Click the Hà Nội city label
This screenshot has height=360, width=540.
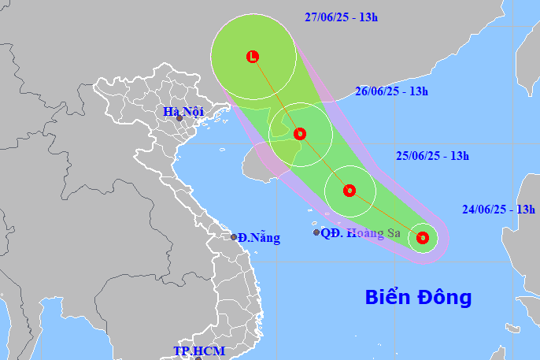pyautogui.click(x=183, y=111)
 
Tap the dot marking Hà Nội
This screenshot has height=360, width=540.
pyautogui.click(x=179, y=119)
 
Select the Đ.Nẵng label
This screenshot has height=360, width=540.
pyautogui.click(x=255, y=236)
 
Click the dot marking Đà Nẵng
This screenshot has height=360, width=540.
pyautogui.click(x=234, y=237)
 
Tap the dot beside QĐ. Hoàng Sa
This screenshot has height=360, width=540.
pyautogui.click(x=316, y=232)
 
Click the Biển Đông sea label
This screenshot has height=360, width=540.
pyautogui.click(x=418, y=297)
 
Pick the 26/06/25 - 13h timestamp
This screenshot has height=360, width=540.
pyautogui.click(x=391, y=91)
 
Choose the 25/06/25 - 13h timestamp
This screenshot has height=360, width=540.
pyautogui.click(x=432, y=156)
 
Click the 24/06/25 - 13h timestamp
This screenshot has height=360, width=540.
pyautogui.click(x=499, y=209)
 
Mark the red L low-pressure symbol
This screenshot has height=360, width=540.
pyautogui.click(x=253, y=57)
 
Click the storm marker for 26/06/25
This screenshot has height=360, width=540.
pyautogui.click(x=299, y=134)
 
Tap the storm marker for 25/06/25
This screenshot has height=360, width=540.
pyautogui.click(x=350, y=191)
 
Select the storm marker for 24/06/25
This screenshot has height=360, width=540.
pyautogui.click(x=423, y=237)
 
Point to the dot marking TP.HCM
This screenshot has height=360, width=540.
pyautogui.click(x=198, y=358)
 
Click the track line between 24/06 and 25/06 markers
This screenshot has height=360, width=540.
pyautogui.click(x=386, y=213)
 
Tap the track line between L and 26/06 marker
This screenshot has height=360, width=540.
pyautogui.click(x=276, y=95)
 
